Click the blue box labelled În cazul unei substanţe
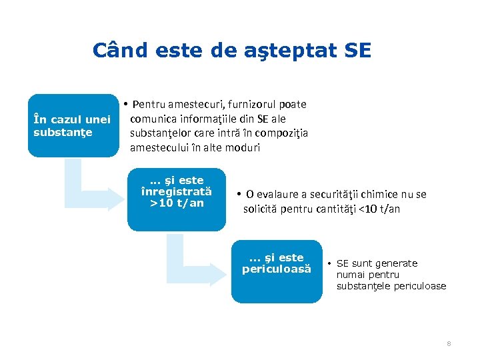pyautogui.click(x=73, y=125)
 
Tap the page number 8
pyautogui.click(x=449, y=343)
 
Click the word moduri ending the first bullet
pyautogui.click(x=241, y=147)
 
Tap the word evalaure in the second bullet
pyautogui.click(x=279, y=195)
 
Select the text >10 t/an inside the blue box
pyautogui.click(x=177, y=203)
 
